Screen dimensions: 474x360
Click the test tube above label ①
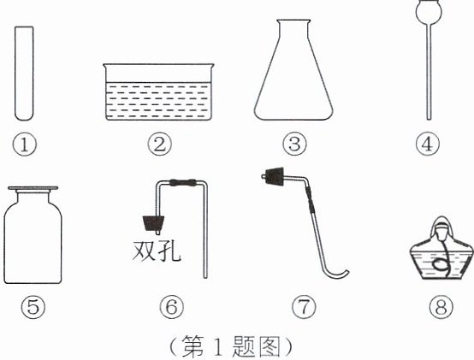pyautogui.click(x=24, y=74)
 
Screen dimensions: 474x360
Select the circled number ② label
pyautogui.click(x=159, y=145)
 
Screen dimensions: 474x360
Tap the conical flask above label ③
pyautogui.click(x=293, y=70)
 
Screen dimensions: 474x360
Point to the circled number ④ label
pyautogui.click(x=427, y=145)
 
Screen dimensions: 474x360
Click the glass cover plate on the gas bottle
pyautogui.click(x=33, y=188)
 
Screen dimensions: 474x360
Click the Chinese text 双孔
pyautogui.click(x=157, y=251)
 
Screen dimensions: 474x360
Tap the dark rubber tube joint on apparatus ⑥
pyautogui.click(x=183, y=183)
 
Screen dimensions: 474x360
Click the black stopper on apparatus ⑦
pyautogui.click(x=272, y=176)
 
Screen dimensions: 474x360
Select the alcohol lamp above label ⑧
pyautogui.click(x=441, y=248)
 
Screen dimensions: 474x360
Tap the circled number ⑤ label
pyautogui.click(x=33, y=307)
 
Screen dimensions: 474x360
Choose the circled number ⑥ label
pyautogui.click(x=171, y=307)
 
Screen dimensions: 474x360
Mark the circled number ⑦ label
pyautogui.click(x=304, y=307)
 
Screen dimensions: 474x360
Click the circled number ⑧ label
pyautogui.click(x=441, y=307)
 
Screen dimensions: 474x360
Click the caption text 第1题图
pyautogui.click(x=231, y=346)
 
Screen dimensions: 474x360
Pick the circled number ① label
pyautogui.click(x=24, y=145)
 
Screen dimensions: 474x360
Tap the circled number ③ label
pyautogui.click(x=294, y=145)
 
